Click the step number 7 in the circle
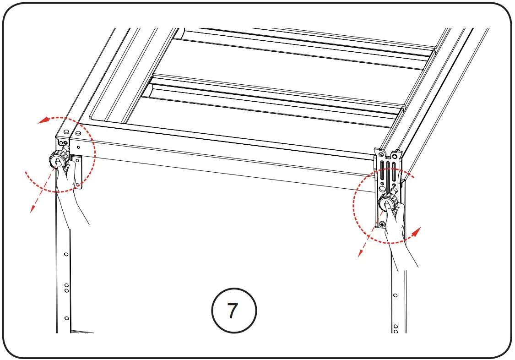[x=233, y=311]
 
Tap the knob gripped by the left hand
[x=58, y=160]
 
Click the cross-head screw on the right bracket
[x=382, y=224]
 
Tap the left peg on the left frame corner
[x=67, y=132]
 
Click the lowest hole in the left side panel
[x=66, y=318]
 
